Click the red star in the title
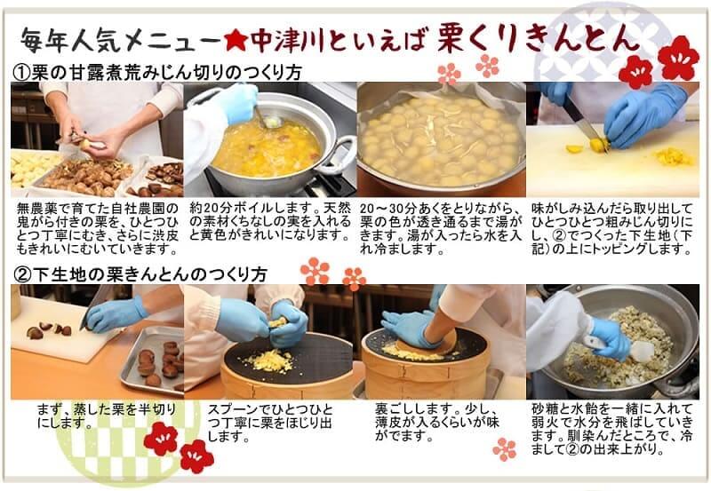(236, 41)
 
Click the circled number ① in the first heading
(21, 73)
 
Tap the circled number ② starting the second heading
(22, 275)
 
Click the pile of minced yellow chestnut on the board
(675, 157)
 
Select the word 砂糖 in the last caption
(545, 409)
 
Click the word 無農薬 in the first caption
(37, 209)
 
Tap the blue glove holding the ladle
(236, 103)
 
